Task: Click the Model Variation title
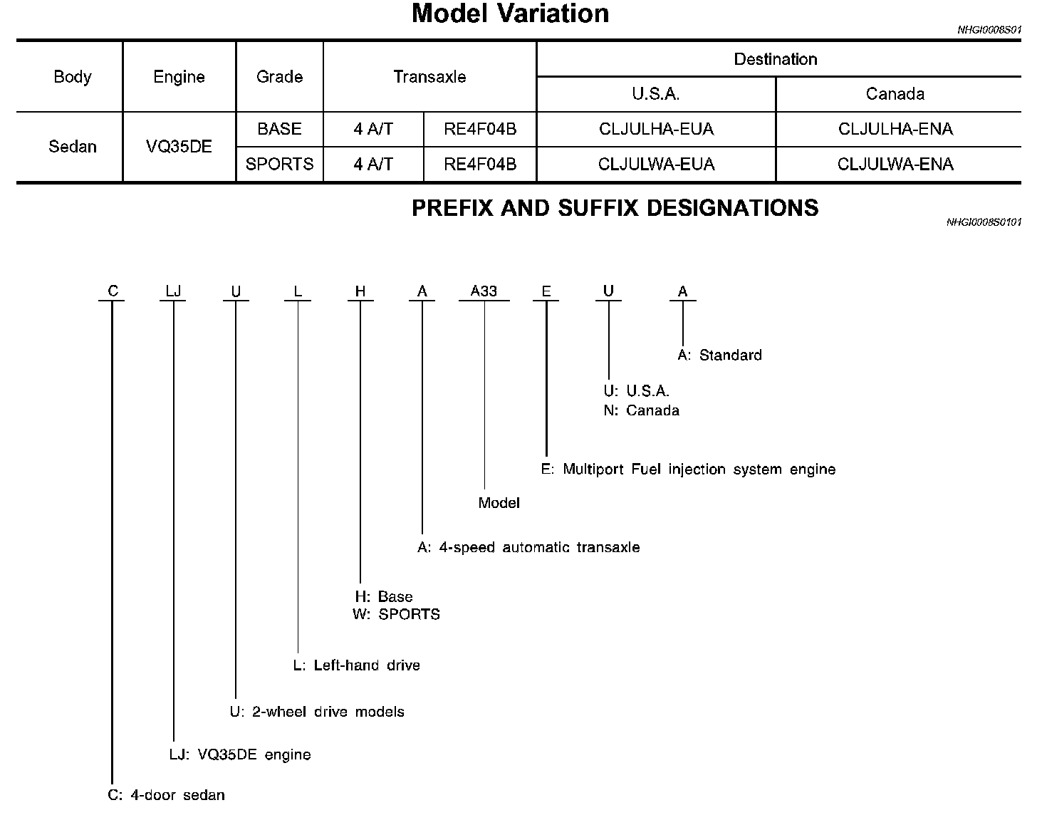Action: coord(510,14)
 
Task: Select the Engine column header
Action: coord(179,77)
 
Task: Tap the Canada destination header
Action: coord(895,94)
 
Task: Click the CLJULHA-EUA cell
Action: coord(656,129)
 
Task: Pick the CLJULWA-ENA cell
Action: coord(895,164)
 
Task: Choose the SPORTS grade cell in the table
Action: coord(279,164)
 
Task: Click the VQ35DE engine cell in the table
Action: coord(179,147)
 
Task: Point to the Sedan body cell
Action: coord(72,147)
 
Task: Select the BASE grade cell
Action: coord(279,129)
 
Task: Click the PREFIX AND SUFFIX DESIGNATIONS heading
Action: coord(615,208)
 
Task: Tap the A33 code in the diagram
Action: coord(484,291)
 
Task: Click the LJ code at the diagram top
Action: coord(173,291)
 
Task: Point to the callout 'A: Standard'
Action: coord(719,355)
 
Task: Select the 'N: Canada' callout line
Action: coord(641,410)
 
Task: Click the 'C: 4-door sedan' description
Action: coord(166,795)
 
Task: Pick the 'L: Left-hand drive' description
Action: coord(356,665)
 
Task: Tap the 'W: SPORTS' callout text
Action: coord(396,614)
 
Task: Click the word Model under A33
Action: coord(499,503)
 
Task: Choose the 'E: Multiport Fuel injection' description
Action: coord(688,469)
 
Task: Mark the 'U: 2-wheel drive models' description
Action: coord(316,712)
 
